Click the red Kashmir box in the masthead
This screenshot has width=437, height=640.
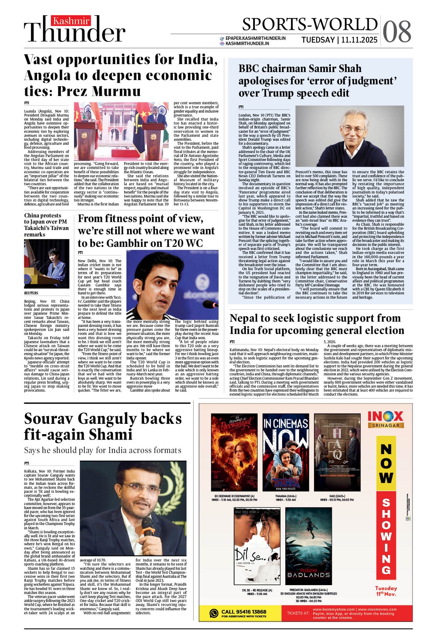click(71, 21)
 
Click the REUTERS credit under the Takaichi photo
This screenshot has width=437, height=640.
click(31, 293)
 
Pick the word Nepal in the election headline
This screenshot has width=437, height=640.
click(246, 318)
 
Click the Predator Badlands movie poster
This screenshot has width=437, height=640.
click(309, 546)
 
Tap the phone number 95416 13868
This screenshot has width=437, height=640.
click(243, 612)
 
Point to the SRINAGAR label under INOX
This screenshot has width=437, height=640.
click(386, 425)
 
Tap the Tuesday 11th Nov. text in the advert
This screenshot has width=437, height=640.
click(386, 591)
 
